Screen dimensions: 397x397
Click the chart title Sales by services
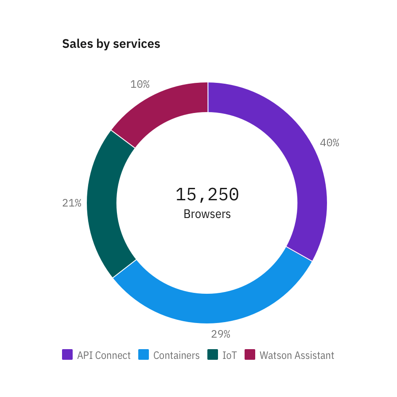[x=111, y=44]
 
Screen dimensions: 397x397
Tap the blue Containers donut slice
[x=213, y=308]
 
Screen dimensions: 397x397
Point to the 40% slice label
[x=329, y=143]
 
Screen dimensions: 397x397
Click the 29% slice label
[x=220, y=334]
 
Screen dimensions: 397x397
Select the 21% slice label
[x=72, y=203]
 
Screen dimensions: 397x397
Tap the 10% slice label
[x=140, y=84]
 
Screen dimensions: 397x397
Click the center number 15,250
[x=207, y=195]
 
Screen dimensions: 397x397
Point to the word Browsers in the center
[x=207, y=214]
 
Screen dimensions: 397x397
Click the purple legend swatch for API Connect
[x=67, y=354]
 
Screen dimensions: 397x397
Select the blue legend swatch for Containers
[x=144, y=354]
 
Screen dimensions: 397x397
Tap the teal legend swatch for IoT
[x=213, y=354]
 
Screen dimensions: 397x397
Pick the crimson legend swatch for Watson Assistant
[x=250, y=354]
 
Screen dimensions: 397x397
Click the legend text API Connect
[x=104, y=355]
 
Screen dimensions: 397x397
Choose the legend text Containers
[x=176, y=355]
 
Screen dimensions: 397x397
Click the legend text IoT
[x=230, y=355]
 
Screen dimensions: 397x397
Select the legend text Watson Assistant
[x=297, y=355]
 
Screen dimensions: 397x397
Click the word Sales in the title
[x=78, y=44]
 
